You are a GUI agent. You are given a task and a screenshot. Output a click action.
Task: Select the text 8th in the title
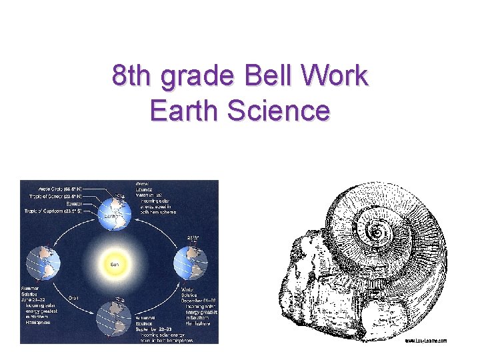[130, 77]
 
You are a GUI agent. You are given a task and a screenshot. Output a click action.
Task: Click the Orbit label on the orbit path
[75, 298]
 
